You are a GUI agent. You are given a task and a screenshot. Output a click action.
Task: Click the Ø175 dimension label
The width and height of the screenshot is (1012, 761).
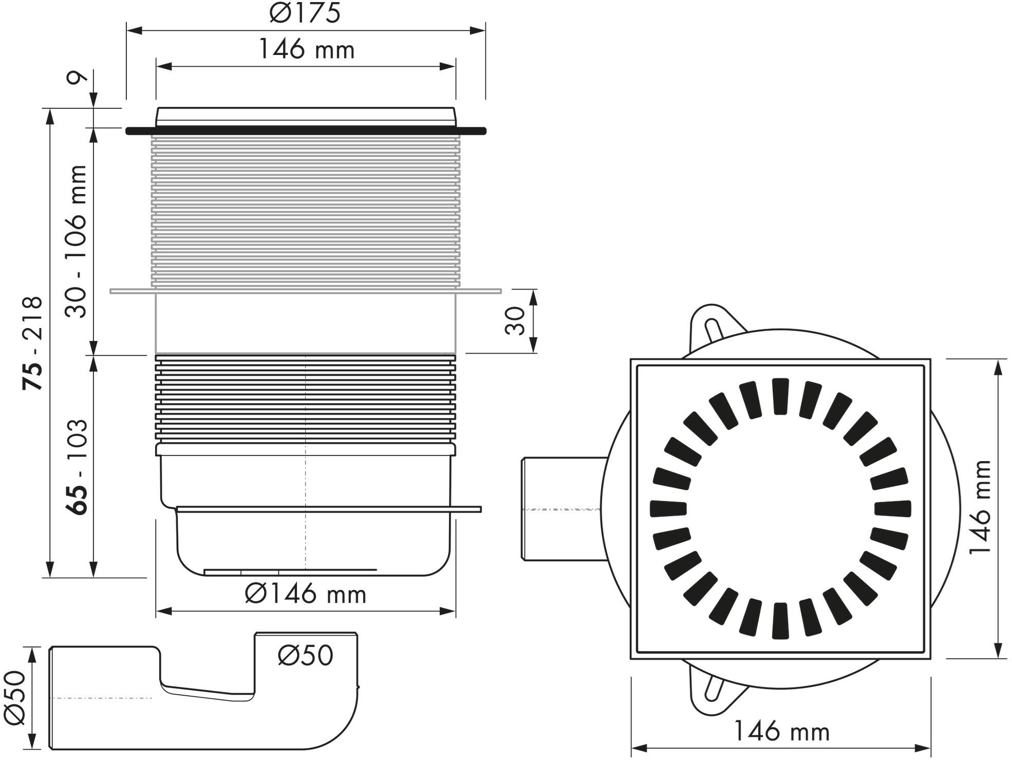pos(305,13)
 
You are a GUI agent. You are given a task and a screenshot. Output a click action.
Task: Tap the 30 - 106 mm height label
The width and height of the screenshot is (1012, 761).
pos(78,241)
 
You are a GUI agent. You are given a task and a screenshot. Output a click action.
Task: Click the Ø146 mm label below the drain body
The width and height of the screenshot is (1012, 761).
pos(306,595)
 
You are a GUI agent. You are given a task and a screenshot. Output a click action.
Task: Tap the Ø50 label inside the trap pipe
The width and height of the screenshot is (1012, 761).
pos(306,655)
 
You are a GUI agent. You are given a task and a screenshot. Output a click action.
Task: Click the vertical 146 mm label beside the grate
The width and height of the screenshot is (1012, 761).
pos(980,507)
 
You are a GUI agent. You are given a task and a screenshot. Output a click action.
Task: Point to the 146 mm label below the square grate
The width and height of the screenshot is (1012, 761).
pos(781,731)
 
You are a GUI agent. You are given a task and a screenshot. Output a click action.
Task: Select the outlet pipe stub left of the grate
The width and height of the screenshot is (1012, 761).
pos(560,508)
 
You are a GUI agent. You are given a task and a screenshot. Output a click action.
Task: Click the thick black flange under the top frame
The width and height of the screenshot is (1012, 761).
pos(306,131)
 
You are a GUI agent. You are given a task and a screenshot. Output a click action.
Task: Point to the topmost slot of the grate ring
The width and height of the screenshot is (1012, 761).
pos(780,395)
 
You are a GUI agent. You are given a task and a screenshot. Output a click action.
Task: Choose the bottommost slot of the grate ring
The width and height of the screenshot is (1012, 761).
pos(780,620)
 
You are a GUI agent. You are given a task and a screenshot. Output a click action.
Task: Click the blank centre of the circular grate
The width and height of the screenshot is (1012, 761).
pos(780,508)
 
